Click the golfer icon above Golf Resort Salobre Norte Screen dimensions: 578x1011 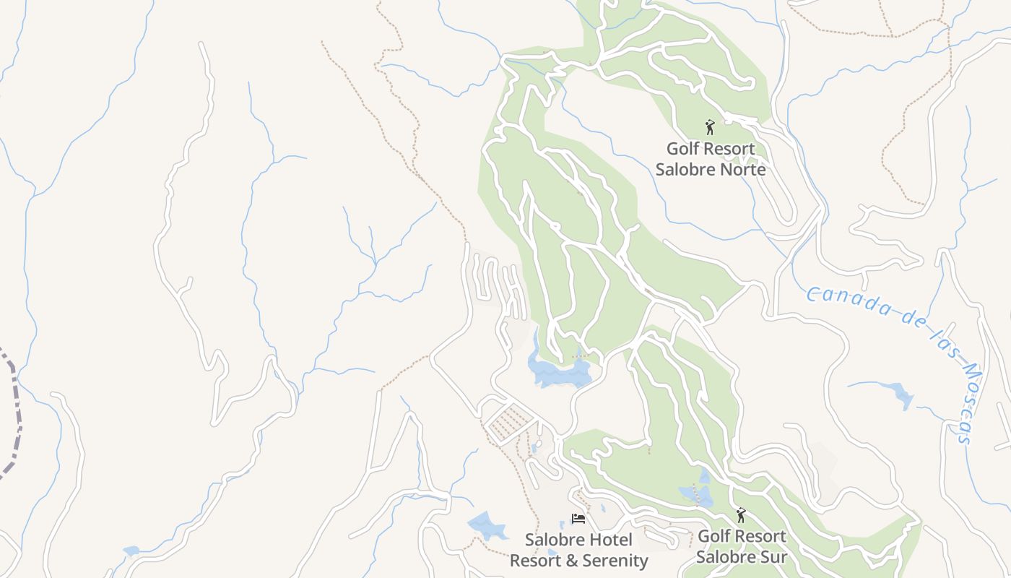coord(710,128)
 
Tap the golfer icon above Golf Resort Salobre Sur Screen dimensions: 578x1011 coord(740,515)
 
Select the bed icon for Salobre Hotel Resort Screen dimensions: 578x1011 coord(578,519)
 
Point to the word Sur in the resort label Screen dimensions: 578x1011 coord(772,558)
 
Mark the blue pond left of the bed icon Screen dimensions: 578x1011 coord(486,526)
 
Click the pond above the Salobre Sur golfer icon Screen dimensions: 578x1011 coord(696,494)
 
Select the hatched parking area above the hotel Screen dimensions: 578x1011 coord(509,422)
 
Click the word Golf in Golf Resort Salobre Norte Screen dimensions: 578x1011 coord(682,149)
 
